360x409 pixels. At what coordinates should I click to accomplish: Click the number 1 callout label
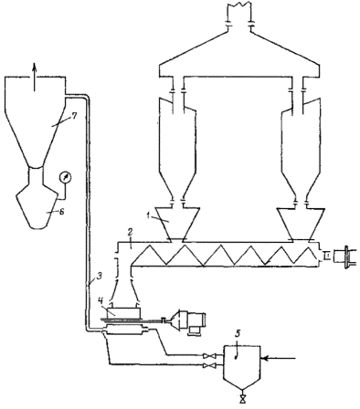coord(147,215)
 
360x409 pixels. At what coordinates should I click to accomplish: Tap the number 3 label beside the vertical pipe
coord(98,277)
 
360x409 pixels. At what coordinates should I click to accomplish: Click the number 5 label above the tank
coord(238,333)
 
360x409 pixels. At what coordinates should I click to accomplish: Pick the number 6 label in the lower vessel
coord(61,212)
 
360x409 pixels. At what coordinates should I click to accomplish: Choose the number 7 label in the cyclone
coord(73,116)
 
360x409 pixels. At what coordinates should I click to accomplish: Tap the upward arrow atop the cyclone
coord(35,77)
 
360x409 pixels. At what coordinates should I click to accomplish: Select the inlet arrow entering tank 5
coord(279,359)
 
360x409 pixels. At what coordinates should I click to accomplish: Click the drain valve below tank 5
coord(243,399)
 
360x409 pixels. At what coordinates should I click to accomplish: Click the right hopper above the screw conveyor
coord(301,224)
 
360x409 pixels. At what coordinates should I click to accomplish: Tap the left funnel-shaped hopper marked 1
coord(177,224)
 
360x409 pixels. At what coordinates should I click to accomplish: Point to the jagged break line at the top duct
coord(239,5)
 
